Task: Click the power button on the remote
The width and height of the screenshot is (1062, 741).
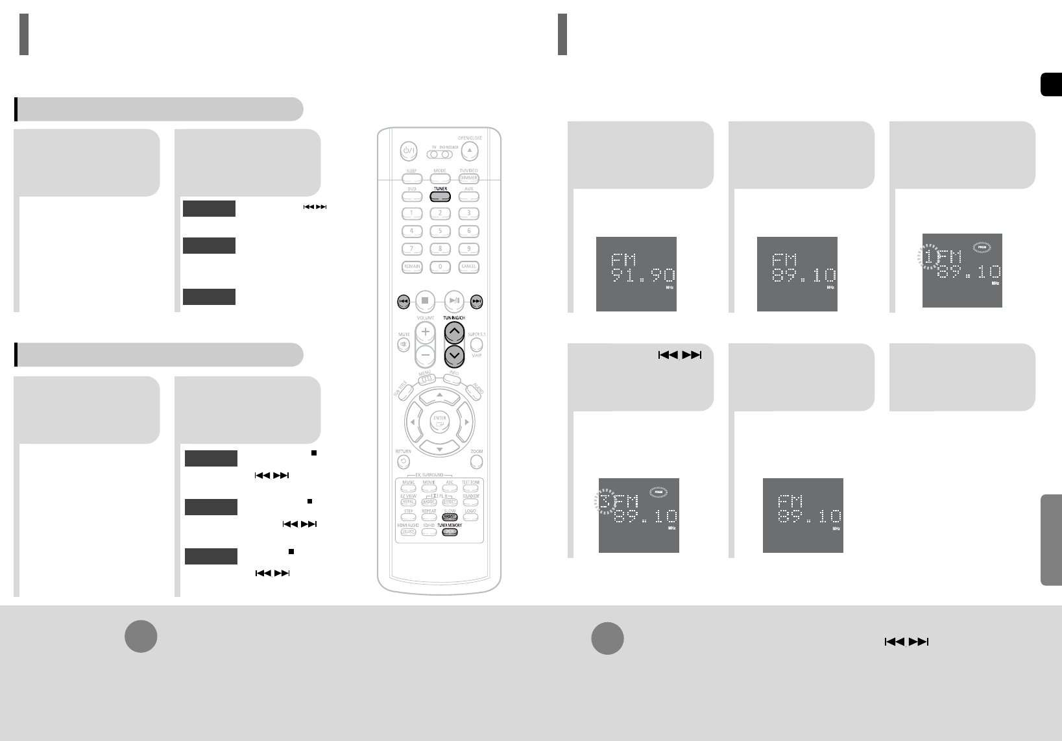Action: pyautogui.click(x=408, y=151)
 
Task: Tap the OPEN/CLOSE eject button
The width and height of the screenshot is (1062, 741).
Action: pyautogui.click(x=470, y=151)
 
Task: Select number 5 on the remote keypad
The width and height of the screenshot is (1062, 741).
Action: pyautogui.click(x=440, y=231)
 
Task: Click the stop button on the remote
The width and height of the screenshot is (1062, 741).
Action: pyautogui.click(x=425, y=300)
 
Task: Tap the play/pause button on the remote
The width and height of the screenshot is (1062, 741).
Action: pyautogui.click(x=454, y=300)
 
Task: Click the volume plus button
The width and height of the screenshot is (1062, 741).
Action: pyautogui.click(x=426, y=332)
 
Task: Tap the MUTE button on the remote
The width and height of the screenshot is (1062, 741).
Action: pyautogui.click(x=404, y=345)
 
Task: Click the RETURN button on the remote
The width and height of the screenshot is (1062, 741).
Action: pyautogui.click(x=404, y=462)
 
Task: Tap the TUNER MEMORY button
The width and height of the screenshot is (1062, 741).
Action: pyautogui.click(x=449, y=532)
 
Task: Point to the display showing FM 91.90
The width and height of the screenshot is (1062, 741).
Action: pyautogui.click(x=636, y=274)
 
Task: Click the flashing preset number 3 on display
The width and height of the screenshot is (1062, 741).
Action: pyautogui.click(x=605, y=502)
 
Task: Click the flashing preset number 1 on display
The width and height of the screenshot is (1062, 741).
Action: pyautogui.click(x=928, y=257)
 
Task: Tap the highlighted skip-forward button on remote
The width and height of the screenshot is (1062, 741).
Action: pyautogui.click(x=477, y=301)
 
